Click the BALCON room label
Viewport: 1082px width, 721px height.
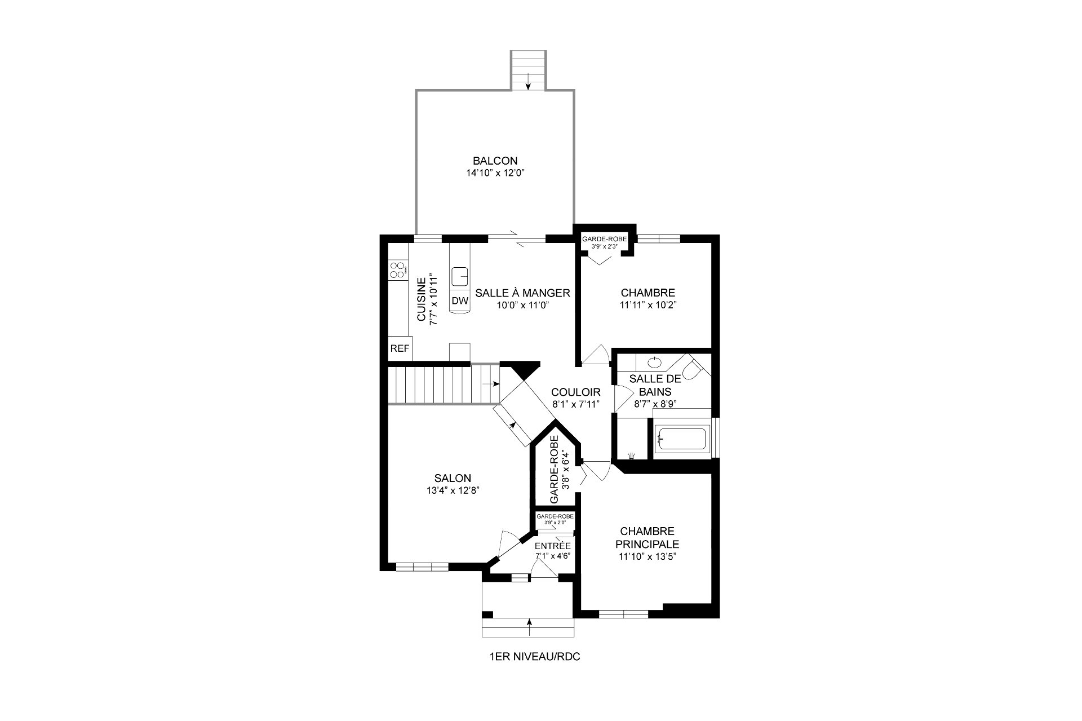point(495,161)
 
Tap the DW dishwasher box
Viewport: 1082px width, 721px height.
point(460,301)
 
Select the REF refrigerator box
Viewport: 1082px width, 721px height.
point(400,348)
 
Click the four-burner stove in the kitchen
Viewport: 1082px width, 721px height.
point(397,269)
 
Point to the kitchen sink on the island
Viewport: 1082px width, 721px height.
point(460,276)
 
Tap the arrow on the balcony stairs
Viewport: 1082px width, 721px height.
point(528,82)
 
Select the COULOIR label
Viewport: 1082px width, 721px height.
point(575,392)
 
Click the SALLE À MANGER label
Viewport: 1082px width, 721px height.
point(523,293)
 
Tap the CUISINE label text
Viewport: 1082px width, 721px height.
point(422,300)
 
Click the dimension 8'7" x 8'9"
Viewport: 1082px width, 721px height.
point(655,404)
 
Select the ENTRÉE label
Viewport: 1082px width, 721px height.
point(553,546)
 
